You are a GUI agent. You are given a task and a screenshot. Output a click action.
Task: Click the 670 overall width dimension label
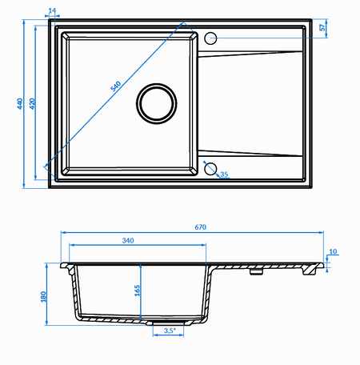coord(200,227)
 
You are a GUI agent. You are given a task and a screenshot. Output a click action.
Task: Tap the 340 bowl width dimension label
coord(128,240)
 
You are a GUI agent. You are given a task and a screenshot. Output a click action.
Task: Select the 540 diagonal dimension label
coord(116,86)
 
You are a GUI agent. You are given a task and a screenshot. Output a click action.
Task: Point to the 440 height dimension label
coord(20,103)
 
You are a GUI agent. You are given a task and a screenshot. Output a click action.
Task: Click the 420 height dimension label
coord(32,103)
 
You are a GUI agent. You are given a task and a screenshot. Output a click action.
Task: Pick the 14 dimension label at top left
coord(52,10)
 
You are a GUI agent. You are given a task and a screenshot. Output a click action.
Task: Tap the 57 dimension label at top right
coord(322,27)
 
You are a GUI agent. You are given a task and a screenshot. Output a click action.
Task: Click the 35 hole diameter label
coord(224,174)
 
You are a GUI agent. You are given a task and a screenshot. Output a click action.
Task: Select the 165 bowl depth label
coord(137,291)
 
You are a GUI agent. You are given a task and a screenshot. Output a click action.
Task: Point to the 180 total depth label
coord(43,297)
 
